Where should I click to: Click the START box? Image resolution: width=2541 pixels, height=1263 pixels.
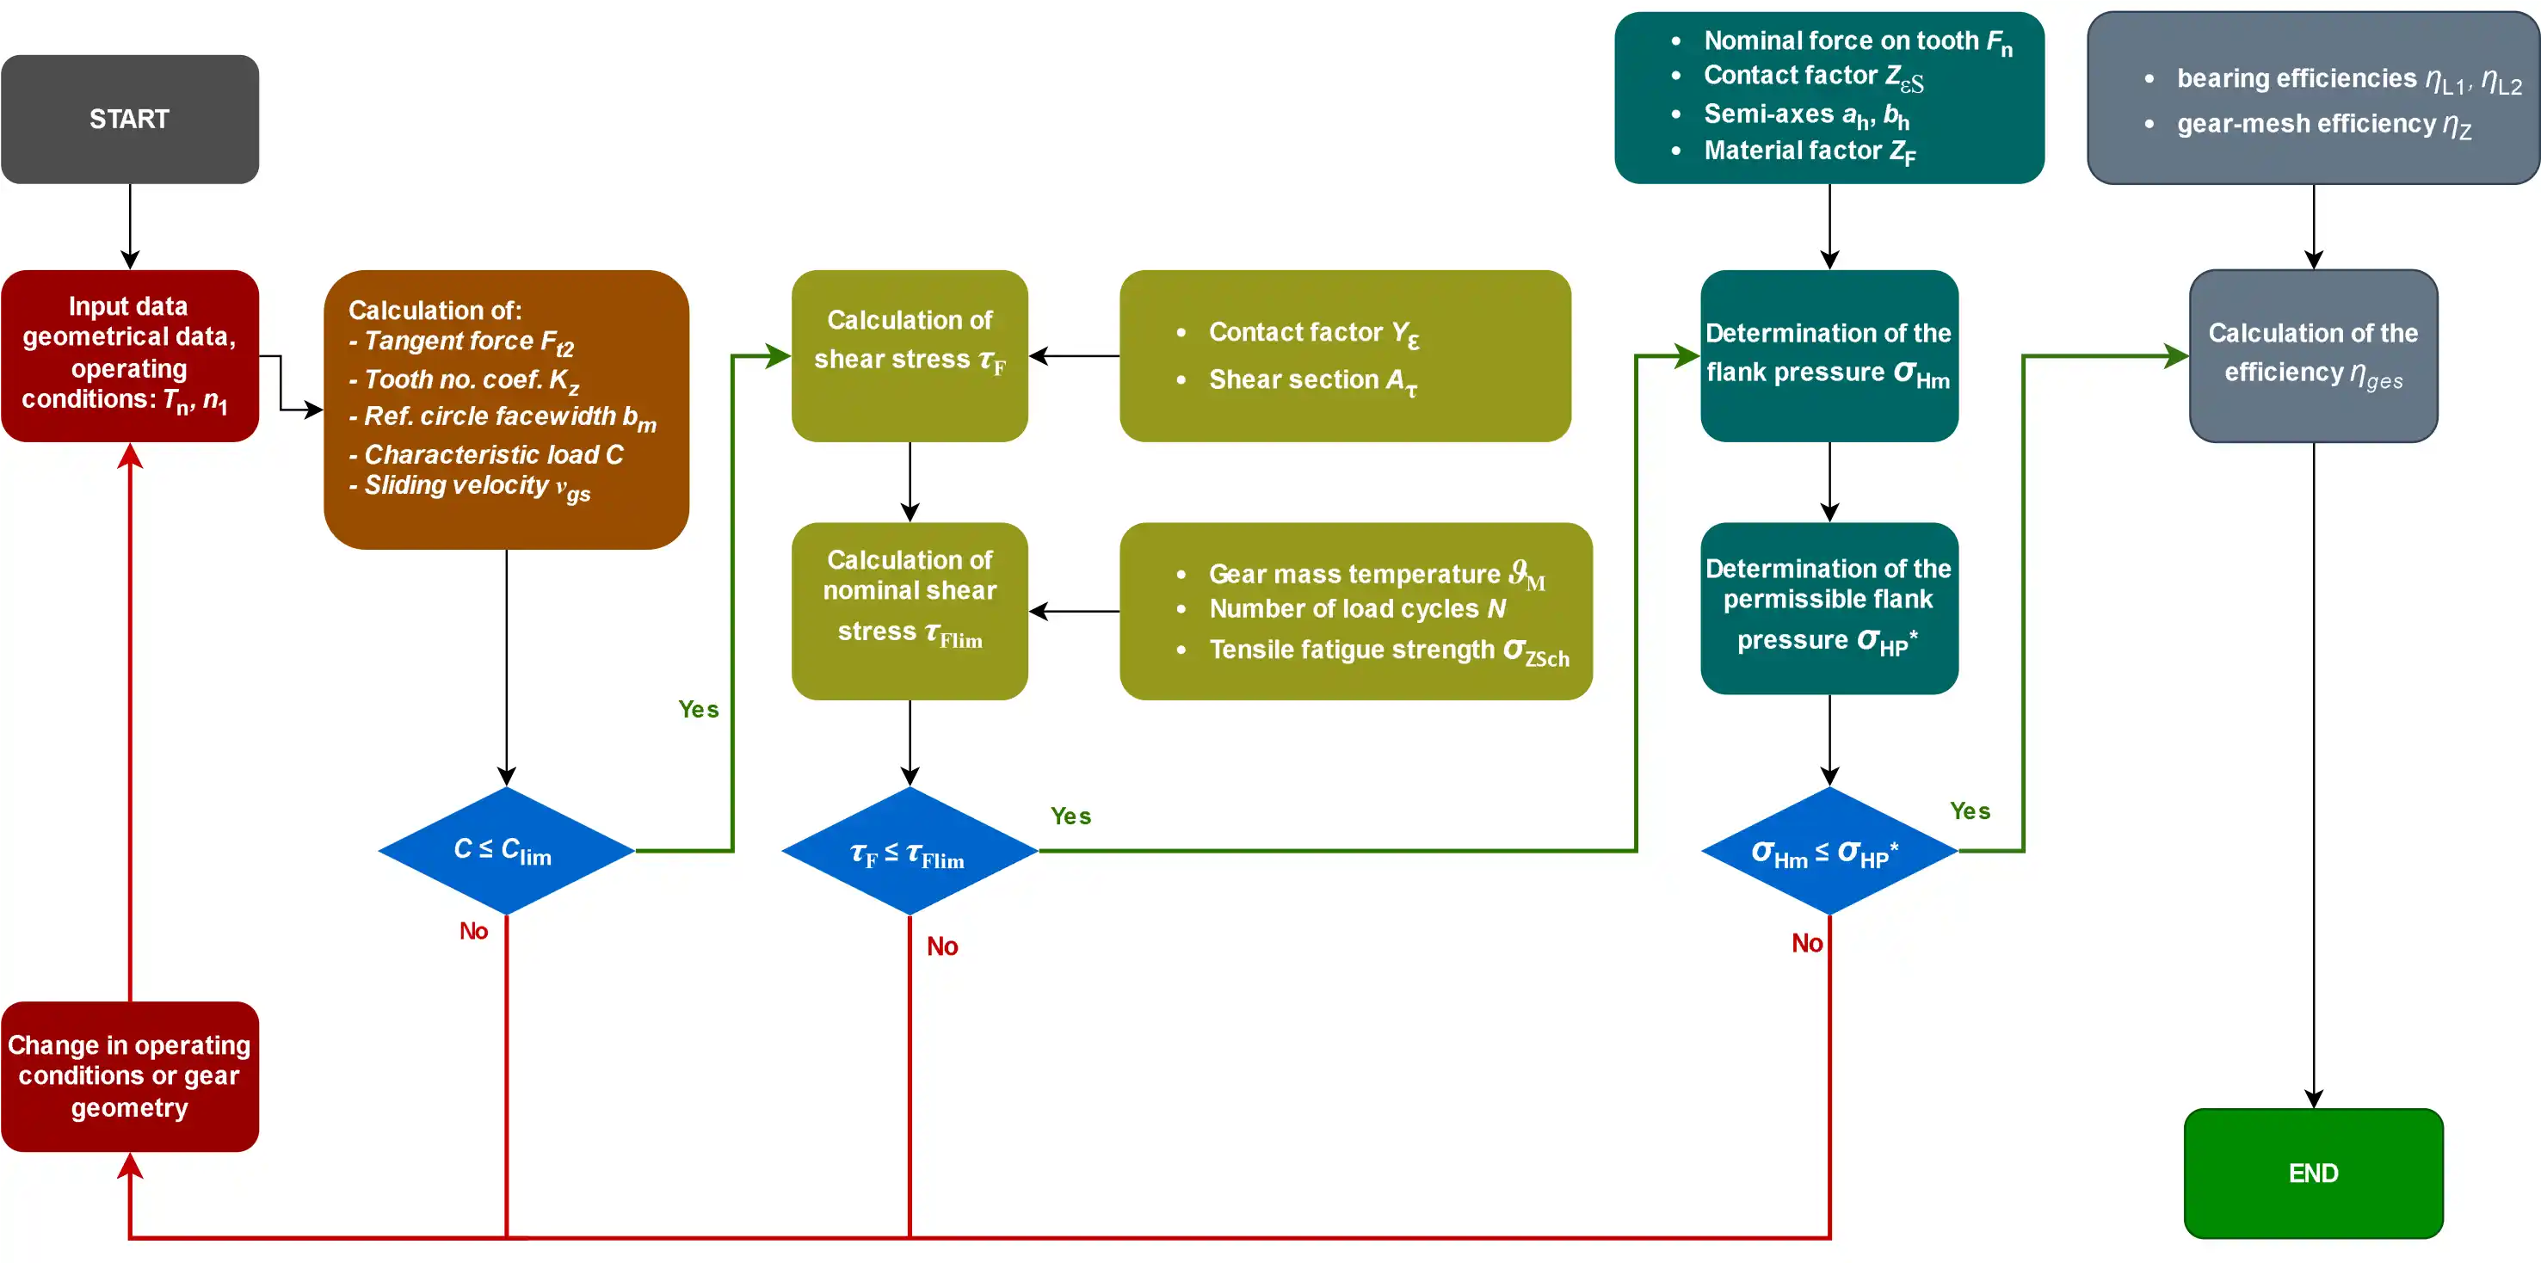pyautogui.click(x=129, y=120)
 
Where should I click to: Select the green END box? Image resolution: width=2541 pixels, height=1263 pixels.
pyautogui.click(x=2312, y=1173)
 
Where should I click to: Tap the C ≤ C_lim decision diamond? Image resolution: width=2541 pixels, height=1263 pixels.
pyautogui.click(x=506, y=850)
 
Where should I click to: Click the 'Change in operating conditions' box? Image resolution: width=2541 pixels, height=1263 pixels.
pyautogui.click(x=129, y=1075)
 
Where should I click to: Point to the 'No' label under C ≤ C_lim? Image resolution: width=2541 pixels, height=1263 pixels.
pyautogui.click(x=473, y=931)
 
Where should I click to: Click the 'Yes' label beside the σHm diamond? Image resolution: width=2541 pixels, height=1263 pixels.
pyautogui.click(x=1970, y=810)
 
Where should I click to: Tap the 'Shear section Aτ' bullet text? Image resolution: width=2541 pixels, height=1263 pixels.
pyautogui.click(x=1312, y=380)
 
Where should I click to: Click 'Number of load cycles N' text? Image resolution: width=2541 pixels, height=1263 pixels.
pyautogui.click(x=1356, y=609)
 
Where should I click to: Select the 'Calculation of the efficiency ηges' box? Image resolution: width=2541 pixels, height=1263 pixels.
pyautogui.click(x=2312, y=355)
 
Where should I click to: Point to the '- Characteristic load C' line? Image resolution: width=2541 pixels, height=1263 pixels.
pyautogui.click(x=488, y=454)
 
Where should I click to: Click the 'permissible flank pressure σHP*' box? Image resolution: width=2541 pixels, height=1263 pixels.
pyautogui.click(x=1829, y=607)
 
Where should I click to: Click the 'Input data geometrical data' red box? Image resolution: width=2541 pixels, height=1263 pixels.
pyautogui.click(x=129, y=355)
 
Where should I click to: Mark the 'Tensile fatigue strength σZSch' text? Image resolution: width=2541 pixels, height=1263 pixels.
pyautogui.click(x=1388, y=650)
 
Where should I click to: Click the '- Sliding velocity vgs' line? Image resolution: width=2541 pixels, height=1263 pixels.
pyautogui.click(x=472, y=486)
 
